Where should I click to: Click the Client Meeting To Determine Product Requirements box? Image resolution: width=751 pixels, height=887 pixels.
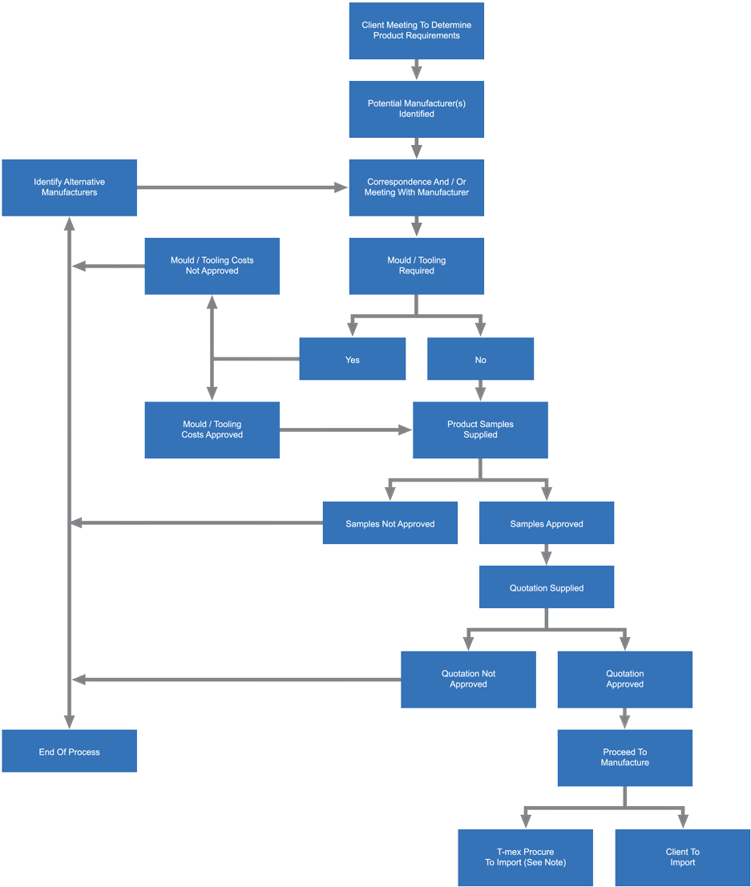pos(416,30)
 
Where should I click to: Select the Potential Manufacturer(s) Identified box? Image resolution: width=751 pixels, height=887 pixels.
pos(416,109)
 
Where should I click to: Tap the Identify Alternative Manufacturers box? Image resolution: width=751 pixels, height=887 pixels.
pos(69,187)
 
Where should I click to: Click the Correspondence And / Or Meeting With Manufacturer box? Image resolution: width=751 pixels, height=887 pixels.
pos(416,187)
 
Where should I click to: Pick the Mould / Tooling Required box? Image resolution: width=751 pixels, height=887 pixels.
pos(416,265)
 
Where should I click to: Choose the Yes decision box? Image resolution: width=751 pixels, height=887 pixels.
pos(352,359)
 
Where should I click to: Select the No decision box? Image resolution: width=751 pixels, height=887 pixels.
pos(480,359)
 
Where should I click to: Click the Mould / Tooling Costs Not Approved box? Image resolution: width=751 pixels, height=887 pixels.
pos(212,265)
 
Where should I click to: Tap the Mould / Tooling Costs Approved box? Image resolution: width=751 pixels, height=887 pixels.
pos(212,429)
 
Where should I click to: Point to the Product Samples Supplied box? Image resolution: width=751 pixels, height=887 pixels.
pos(480,429)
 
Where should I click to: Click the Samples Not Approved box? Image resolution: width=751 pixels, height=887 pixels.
pos(390,523)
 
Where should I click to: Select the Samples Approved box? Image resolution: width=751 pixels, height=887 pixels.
pos(547,523)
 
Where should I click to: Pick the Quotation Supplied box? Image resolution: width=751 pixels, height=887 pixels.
pos(547,587)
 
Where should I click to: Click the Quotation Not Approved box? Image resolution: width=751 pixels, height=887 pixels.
pos(468,679)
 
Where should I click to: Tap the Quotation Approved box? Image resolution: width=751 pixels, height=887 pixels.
pos(624,679)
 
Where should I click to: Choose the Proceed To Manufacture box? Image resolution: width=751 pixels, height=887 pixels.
pos(624,757)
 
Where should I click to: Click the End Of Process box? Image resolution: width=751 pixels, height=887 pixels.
pos(69,751)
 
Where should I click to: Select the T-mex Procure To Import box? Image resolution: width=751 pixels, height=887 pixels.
pos(525,857)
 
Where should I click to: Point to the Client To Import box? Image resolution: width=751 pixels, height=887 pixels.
pos(682,857)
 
